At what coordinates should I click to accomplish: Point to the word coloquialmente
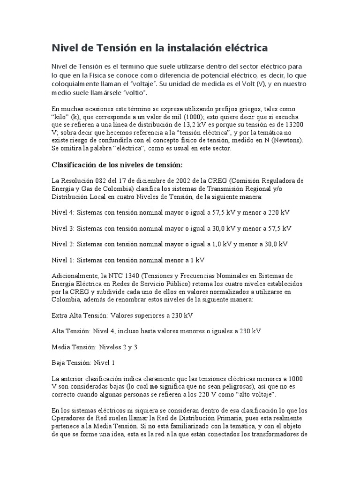(x=76, y=84)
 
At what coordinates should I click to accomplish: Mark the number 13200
(x=297, y=124)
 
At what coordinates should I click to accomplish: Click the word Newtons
(x=286, y=140)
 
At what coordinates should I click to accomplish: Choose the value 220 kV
(x=279, y=212)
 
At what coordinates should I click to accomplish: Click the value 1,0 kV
(x=217, y=244)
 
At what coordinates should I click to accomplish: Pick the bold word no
(x=154, y=387)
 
